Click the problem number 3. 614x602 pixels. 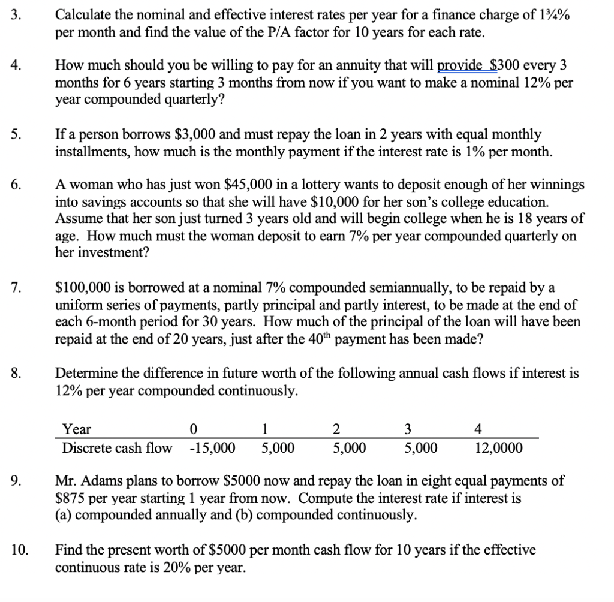[16, 15]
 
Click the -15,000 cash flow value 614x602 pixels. [212, 448]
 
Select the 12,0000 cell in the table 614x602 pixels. [498, 448]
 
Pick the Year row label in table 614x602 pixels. [77, 429]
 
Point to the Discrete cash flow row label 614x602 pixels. [117, 448]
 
